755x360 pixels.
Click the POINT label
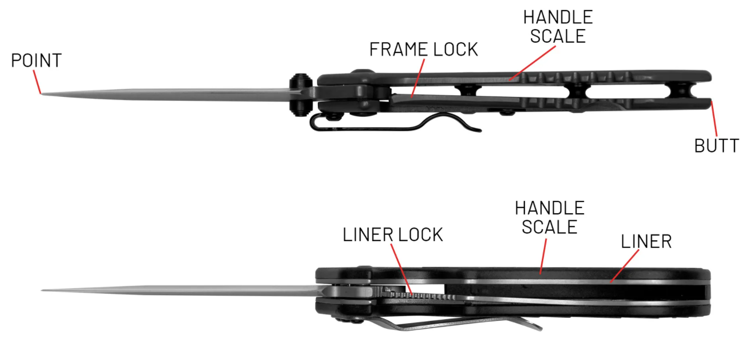click(36, 60)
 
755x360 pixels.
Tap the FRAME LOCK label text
click(424, 49)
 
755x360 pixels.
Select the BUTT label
click(717, 146)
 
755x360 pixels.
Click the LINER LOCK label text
click(393, 235)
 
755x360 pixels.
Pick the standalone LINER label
click(646, 242)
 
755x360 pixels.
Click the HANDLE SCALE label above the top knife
click(558, 27)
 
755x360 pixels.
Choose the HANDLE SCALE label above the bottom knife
click(550, 217)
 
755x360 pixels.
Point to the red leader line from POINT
click(37, 82)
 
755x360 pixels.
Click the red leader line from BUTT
click(714, 118)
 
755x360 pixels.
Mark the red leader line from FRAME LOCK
click(418, 78)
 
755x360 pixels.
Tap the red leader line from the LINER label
click(624, 266)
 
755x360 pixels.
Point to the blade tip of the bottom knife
click(42, 290)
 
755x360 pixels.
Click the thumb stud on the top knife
click(300, 95)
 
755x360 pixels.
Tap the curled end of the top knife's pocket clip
click(473, 129)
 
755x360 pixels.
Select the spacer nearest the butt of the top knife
click(681, 90)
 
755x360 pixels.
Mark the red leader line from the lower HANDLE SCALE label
click(543, 256)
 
